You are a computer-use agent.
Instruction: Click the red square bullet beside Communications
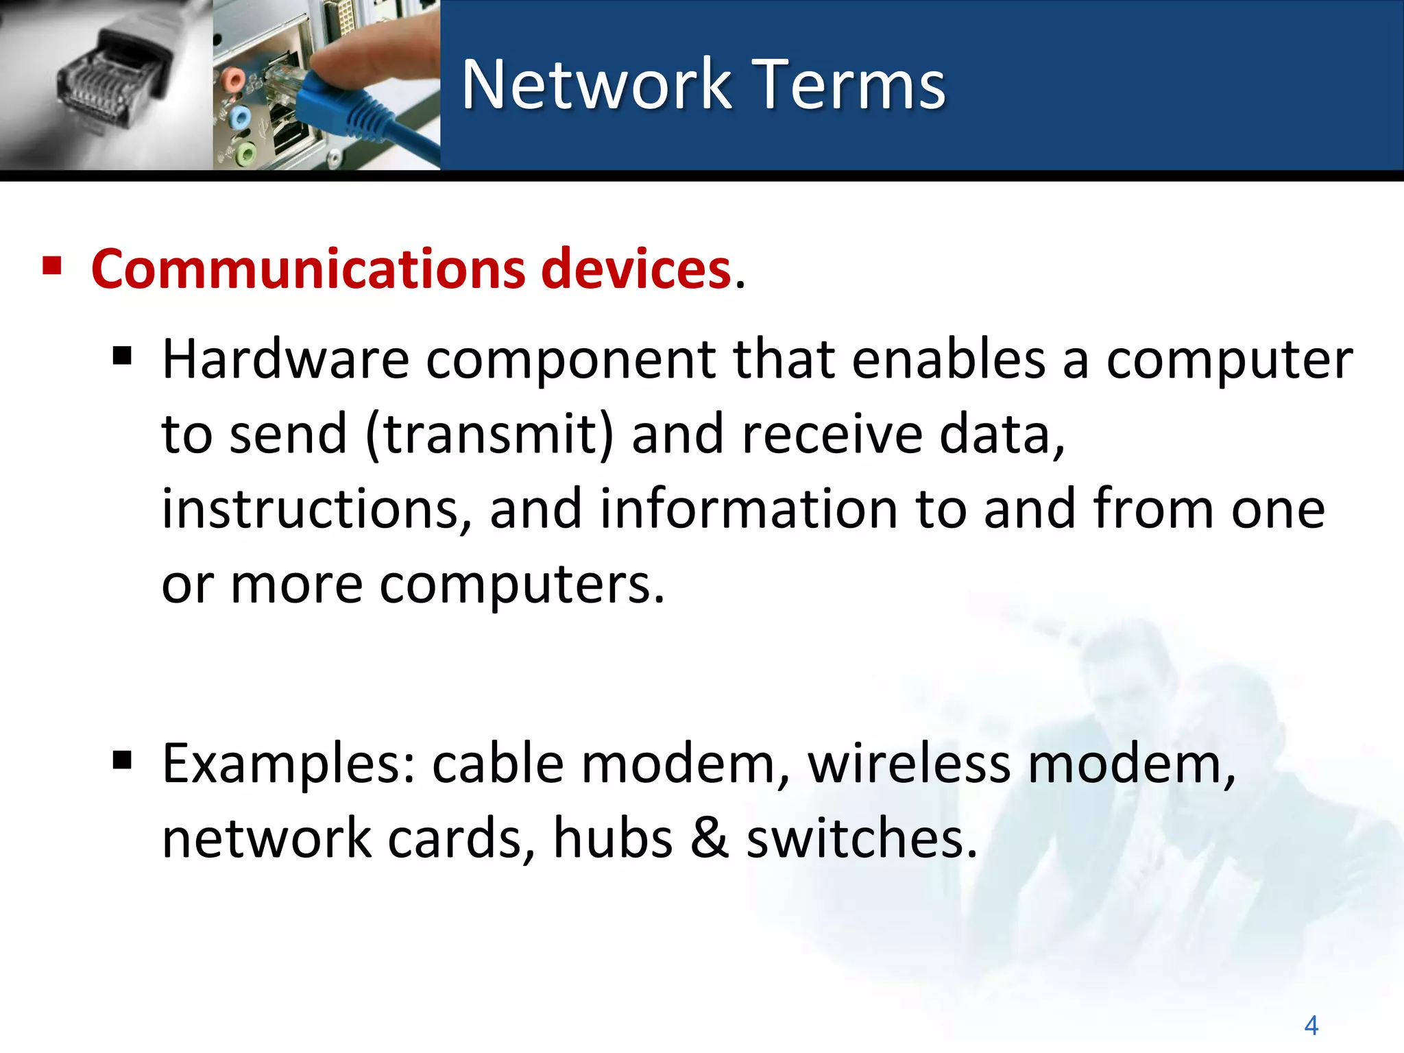pos(52,265)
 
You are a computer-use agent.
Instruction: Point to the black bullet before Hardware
pos(122,356)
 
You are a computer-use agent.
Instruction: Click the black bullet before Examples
pos(122,760)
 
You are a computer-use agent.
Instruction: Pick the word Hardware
pos(285,359)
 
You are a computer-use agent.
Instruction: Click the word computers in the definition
pos(521,585)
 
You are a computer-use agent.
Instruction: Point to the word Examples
pos(289,764)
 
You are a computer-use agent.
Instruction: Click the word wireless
pos(908,764)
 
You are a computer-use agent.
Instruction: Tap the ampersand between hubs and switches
pos(709,838)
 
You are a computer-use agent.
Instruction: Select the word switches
pos(860,838)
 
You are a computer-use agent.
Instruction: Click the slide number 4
pos(1311,1026)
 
